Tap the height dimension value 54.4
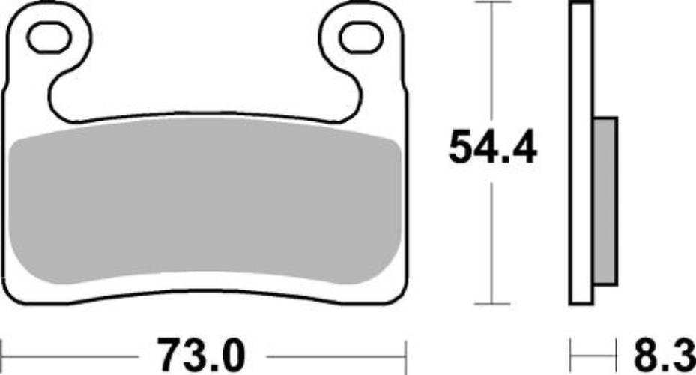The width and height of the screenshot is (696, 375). [x=492, y=147]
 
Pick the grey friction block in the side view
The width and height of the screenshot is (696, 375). [x=605, y=201]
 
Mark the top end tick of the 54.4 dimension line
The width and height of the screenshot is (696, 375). [x=491, y=4]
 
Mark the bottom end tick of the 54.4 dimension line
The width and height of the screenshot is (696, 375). [x=491, y=304]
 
